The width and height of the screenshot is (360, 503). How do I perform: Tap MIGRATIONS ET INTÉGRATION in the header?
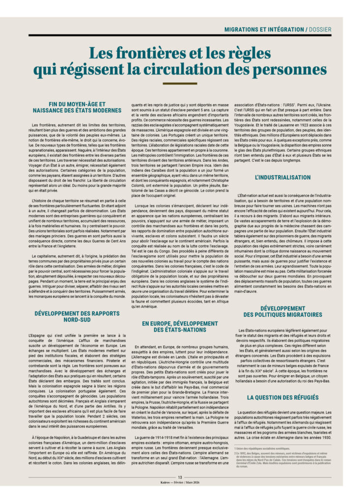point(263,29)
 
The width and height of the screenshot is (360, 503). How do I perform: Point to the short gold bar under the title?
point(180,84)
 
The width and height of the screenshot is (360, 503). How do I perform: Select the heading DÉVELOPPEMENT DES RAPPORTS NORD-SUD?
point(78,316)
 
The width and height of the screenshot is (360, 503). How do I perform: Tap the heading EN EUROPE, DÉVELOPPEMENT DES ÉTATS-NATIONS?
point(180,326)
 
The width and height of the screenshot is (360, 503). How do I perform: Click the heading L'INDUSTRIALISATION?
point(283,177)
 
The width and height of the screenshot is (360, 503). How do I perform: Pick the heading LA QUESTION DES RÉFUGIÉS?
point(283,397)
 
